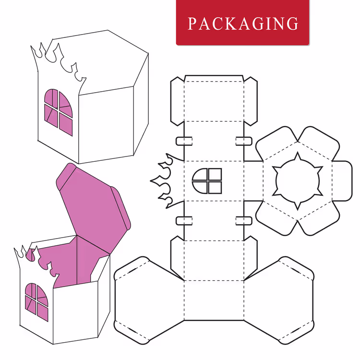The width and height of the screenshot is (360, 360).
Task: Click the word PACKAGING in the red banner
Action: pyautogui.click(x=243, y=24)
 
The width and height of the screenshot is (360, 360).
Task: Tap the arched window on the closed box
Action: pyautogui.click(x=58, y=112)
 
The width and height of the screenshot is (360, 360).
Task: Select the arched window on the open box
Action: pyautogui.click(x=36, y=302)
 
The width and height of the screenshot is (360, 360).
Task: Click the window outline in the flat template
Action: pyautogui.click(x=207, y=181)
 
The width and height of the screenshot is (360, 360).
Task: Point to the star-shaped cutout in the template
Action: pyautogui.click(x=298, y=181)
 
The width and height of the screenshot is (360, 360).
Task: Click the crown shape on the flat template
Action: pyautogui.click(x=167, y=181)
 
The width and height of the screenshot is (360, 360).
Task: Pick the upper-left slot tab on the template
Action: pyautogui.click(x=184, y=141)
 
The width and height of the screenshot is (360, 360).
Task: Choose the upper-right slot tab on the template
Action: pyautogui.click(x=244, y=141)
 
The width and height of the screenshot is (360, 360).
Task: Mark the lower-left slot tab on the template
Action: pyautogui.click(x=184, y=221)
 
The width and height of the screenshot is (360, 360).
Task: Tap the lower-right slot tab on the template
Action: pyautogui.click(x=244, y=221)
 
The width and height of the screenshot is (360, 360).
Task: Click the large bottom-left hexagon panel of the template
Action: pyautogui.click(x=149, y=300)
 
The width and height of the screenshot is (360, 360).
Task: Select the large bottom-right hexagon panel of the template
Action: pyautogui.click(x=279, y=300)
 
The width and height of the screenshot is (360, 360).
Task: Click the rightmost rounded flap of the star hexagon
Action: pyautogui.click(x=342, y=181)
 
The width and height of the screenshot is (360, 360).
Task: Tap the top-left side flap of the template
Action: pyautogui.click(x=178, y=101)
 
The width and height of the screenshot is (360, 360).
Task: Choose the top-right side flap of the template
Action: pyautogui.click(x=251, y=101)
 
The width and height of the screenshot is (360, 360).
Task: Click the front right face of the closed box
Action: pyautogui.click(x=106, y=125)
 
